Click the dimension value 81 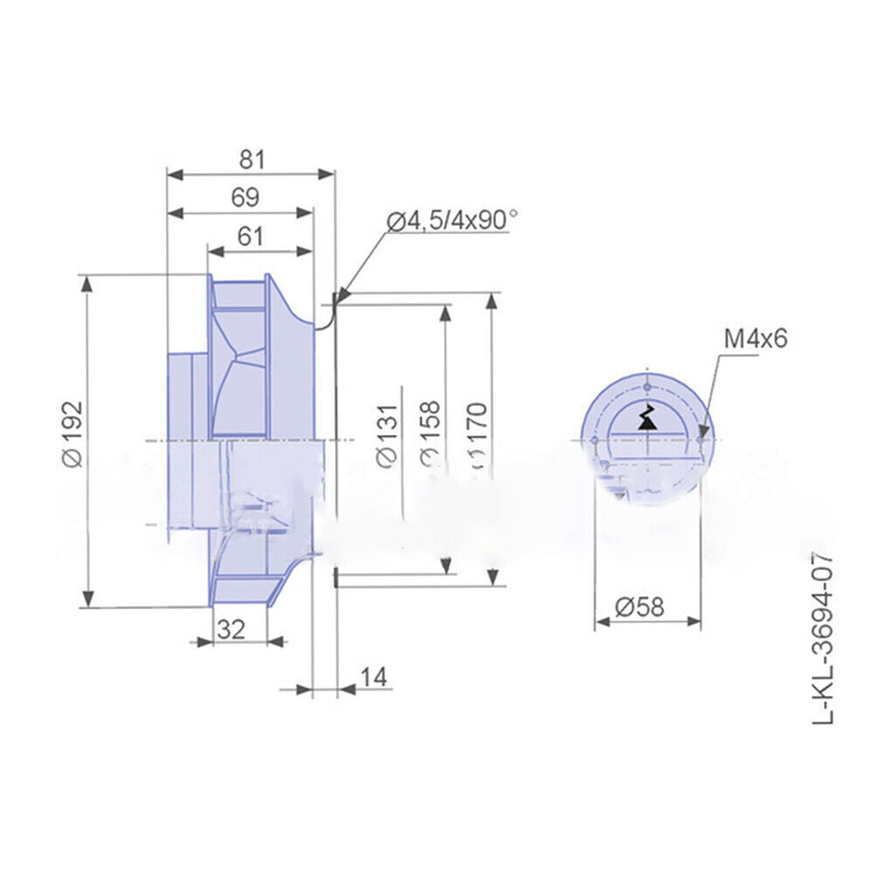point(251,159)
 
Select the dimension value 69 point(245,198)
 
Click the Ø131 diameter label point(386,434)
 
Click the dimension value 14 point(372,676)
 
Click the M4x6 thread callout point(755,338)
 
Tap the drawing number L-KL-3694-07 point(824,639)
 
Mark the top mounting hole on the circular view point(647,385)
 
